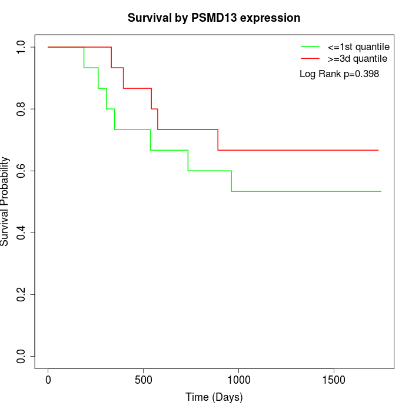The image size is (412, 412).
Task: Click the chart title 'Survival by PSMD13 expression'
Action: point(214,18)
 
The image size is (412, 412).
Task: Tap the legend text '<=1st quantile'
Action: point(358,46)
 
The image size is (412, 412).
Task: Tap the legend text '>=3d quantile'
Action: point(357,58)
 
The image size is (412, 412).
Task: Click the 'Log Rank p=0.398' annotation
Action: point(339,74)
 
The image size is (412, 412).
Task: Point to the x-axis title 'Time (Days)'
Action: point(214,397)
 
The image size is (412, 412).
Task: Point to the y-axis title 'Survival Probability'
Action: point(5,201)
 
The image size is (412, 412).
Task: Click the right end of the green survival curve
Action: point(381,191)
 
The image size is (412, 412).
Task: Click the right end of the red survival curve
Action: point(378,150)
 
